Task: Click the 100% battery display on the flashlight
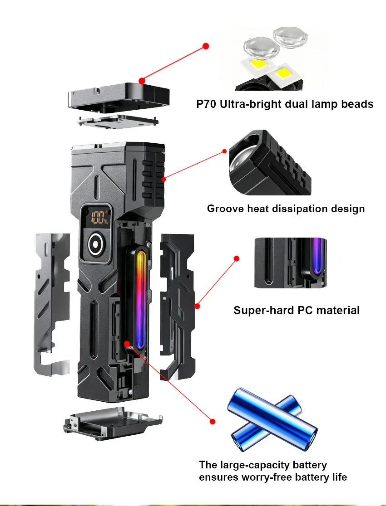pyautogui.click(x=98, y=218)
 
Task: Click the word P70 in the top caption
pyautogui.click(x=207, y=104)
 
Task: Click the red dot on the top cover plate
pyautogui.click(x=142, y=81)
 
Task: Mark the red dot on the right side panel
pyautogui.click(x=197, y=306)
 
